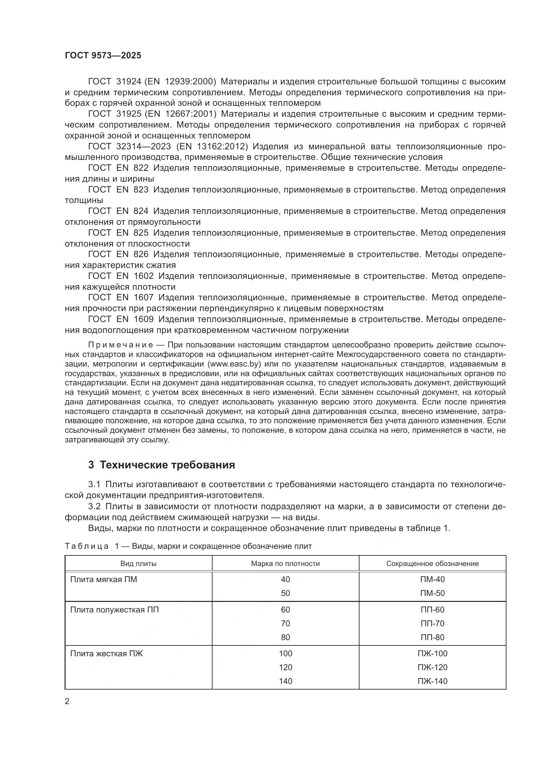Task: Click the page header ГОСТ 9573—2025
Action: coord(103,56)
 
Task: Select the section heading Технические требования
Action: coord(161,465)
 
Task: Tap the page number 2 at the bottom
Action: coord(67,701)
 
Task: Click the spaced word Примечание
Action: coord(121,345)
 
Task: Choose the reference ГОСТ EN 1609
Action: coord(121,319)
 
